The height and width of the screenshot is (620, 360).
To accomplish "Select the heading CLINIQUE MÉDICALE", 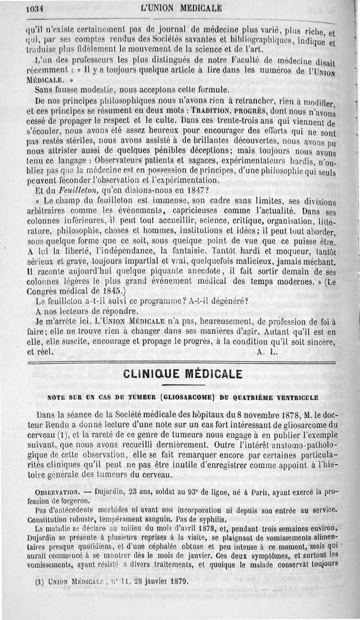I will pos(182,374).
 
